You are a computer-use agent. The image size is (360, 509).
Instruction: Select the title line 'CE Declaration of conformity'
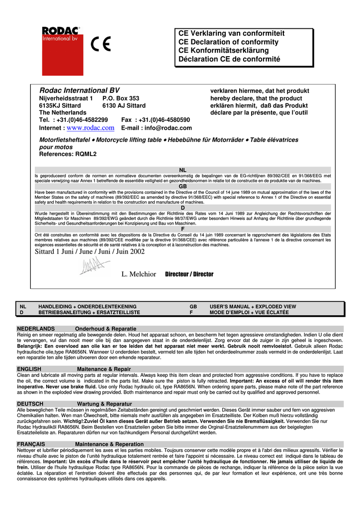[x=228, y=42]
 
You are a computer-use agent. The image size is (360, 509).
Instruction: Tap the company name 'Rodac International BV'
[x=79, y=90]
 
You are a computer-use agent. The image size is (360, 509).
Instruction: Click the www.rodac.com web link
[x=90, y=128]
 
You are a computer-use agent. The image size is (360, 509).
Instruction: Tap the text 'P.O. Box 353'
[x=121, y=98]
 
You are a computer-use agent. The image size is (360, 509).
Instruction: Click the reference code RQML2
[x=86, y=154]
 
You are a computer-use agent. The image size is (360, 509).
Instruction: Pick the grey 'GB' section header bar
[x=182, y=186]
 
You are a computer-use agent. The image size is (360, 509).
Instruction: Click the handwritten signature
[x=91, y=268]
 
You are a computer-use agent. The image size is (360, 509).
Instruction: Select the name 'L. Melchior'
[x=139, y=274]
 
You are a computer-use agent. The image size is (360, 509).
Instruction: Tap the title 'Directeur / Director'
[x=189, y=274]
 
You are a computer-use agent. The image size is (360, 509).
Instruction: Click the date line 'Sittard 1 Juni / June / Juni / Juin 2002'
[x=90, y=252]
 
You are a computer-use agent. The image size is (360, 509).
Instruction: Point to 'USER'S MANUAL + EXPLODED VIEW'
[x=253, y=307]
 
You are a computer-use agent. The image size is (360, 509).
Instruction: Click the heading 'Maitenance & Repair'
[x=104, y=369]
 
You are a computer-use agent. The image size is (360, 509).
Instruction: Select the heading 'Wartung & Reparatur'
[x=104, y=404]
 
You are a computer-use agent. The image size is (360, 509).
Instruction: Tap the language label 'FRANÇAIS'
[x=31, y=444]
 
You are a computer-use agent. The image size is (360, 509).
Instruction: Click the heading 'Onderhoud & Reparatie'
[x=105, y=329]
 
